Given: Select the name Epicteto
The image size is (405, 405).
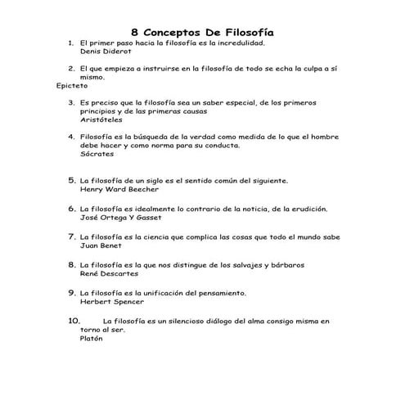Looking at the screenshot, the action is pyautogui.click(x=71, y=85).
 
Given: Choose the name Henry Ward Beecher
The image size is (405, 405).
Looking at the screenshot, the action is pyautogui.click(x=119, y=188).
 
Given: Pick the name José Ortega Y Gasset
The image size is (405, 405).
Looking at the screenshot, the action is pyautogui.click(x=121, y=218).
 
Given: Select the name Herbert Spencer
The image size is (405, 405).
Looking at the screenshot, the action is pyautogui.click(x=112, y=301).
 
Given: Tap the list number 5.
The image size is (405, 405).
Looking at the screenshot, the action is pyautogui.click(x=71, y=179).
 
